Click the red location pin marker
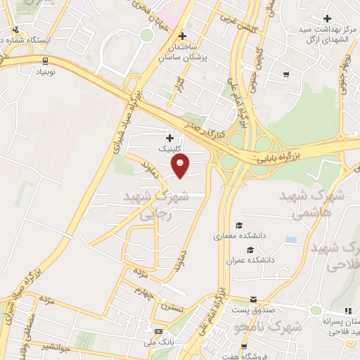coord(181,166)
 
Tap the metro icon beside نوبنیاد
coord(45,60)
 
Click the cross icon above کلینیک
coord(169,137)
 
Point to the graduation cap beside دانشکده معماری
coord(239,226)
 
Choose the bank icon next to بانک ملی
coord(158,332)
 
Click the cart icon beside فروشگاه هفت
coord(243,347)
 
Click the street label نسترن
coord(172,307)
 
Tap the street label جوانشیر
coord(55,346)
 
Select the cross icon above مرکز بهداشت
coord(326,18)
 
